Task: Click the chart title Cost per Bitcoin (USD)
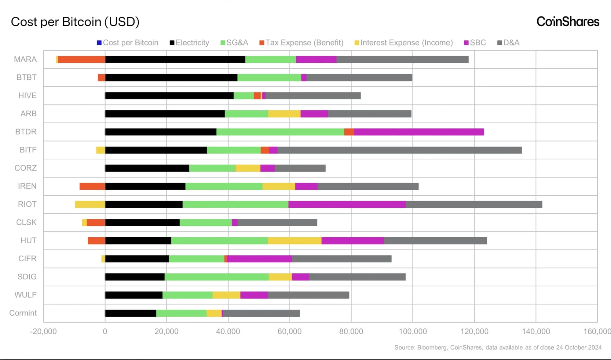(x=75, y=22)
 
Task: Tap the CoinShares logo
(x=568, y=22)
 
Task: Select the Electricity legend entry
(x=189, y=43)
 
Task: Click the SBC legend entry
(x=475, y=43)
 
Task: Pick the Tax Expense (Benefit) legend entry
(x=302, y=43)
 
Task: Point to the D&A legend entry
(x=509, y=43)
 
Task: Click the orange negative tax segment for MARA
(x=82, y=60)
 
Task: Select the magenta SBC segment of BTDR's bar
(x=419, y=132)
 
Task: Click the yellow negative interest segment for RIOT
(x=90, y=204)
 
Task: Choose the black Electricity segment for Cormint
(x=131, y=313)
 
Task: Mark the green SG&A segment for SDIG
(x=217, y=277)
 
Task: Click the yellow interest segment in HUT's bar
(x=295, y=241)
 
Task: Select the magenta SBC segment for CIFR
(x=259, y=259)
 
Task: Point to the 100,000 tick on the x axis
(x=413, y=332)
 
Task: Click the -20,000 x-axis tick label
(x=43, y=332)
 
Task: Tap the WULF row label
(x=25, y=295)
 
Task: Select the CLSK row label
(x=26, y=222)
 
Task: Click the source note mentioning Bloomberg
(x=498, y=347)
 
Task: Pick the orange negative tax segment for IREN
(x=92, y=186)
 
